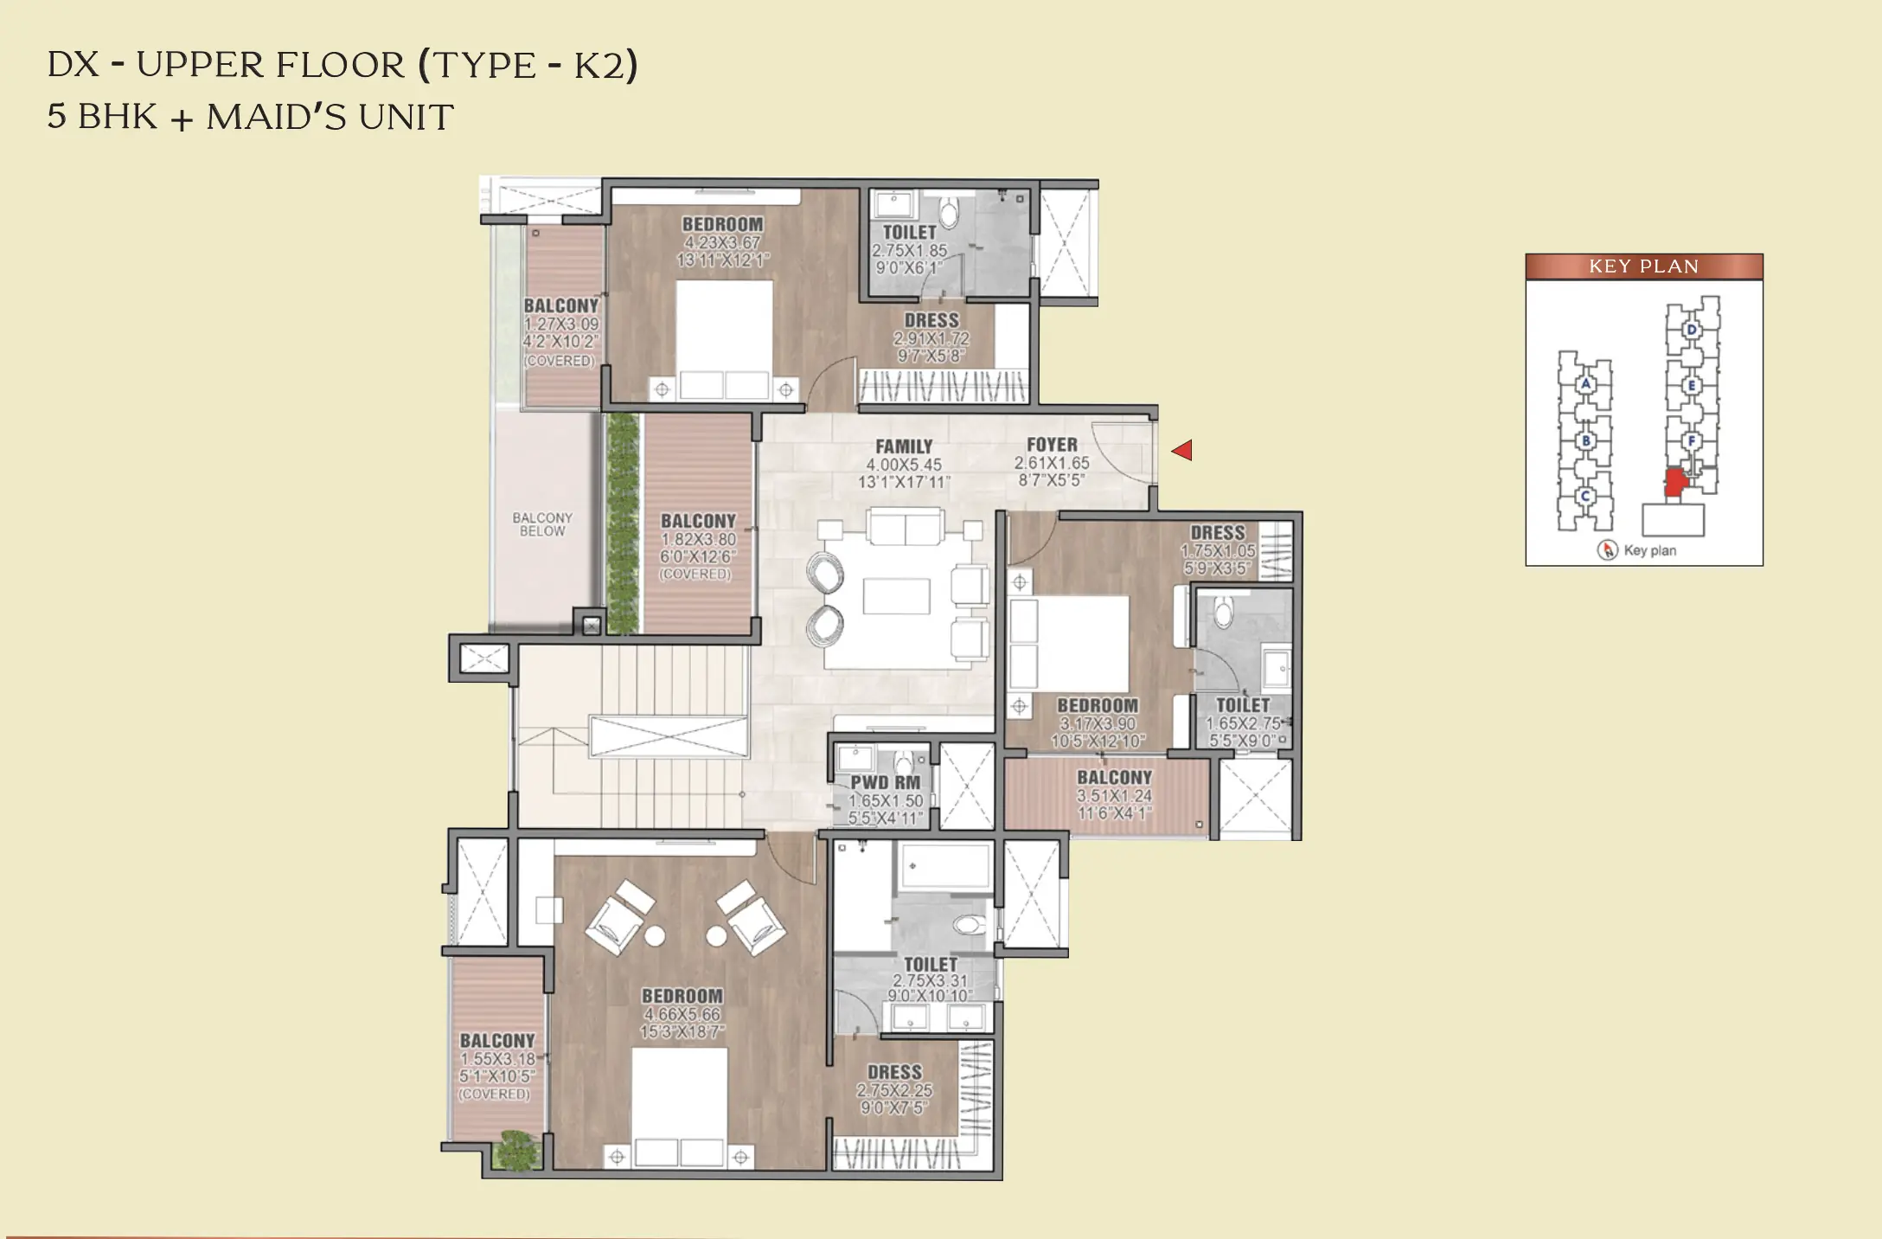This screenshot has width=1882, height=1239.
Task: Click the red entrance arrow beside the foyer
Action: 1182,450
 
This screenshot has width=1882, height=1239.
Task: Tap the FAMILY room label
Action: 904,446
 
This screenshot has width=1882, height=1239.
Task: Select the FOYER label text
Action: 1052,445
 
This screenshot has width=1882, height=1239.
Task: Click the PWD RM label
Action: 886,783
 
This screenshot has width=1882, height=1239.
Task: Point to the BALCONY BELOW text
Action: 542,524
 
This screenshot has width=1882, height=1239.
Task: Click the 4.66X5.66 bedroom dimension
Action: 682,1014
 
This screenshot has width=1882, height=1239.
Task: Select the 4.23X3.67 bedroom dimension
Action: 722,243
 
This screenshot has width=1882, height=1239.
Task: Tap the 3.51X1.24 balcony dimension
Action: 1114,796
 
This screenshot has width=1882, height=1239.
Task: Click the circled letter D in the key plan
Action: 1692,330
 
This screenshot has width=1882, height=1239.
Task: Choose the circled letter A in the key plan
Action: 1585,384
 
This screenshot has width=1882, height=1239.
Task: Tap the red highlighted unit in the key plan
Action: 1676,483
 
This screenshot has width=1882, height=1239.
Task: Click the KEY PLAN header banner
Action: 1643,266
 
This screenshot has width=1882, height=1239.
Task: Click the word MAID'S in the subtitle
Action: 276,117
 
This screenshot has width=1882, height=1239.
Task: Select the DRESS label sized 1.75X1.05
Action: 1218,533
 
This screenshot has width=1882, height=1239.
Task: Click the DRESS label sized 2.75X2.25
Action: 895,1072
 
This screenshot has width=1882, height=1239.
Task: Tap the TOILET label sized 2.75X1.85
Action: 909,233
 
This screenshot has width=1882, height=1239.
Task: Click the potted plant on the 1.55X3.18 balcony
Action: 517,1152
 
